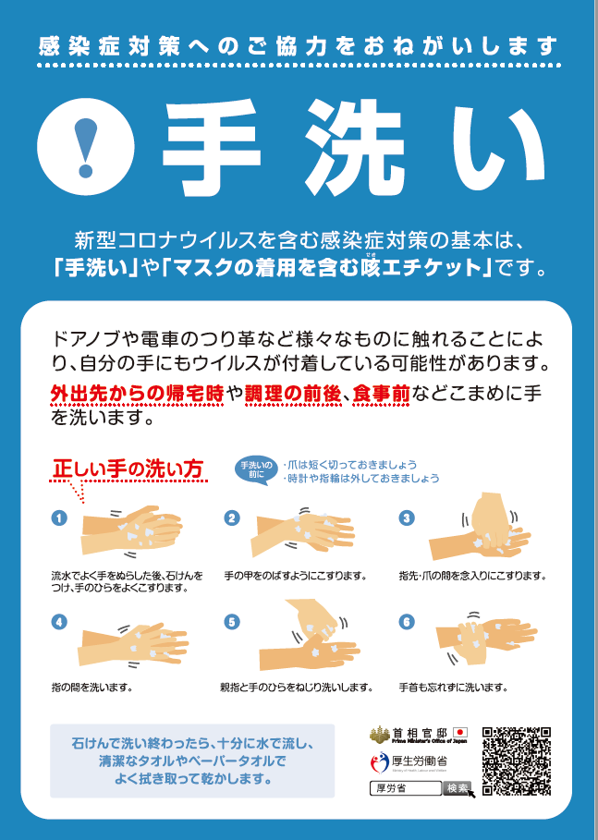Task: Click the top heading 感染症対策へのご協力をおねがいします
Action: tap(299, 45)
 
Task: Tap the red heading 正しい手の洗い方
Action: tap(128, 469)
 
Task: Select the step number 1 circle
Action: tap(60, 518)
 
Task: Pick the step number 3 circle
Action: tap(405, 518)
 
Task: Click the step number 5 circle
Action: tap(232, 622)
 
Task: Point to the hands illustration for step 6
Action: tap(480, 637)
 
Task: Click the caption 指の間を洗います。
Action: tap(92, 688)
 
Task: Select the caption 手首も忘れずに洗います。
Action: tap(453, 688)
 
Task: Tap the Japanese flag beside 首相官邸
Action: tap(460, 733)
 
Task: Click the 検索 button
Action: tap(457, 788)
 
